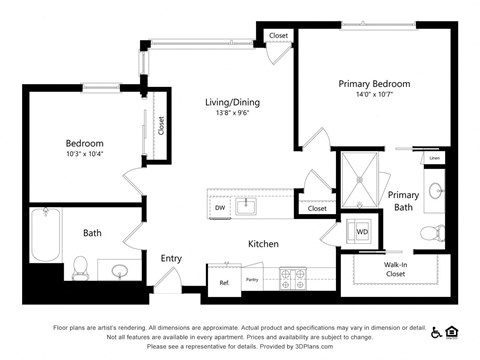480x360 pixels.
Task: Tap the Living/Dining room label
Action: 204,102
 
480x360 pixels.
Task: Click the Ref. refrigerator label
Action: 224,283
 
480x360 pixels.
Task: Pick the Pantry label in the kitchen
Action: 251,280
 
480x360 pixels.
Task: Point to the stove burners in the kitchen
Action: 292,276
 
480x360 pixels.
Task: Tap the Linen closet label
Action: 434,158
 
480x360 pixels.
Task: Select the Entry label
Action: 171,258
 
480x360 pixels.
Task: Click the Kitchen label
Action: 264,243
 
